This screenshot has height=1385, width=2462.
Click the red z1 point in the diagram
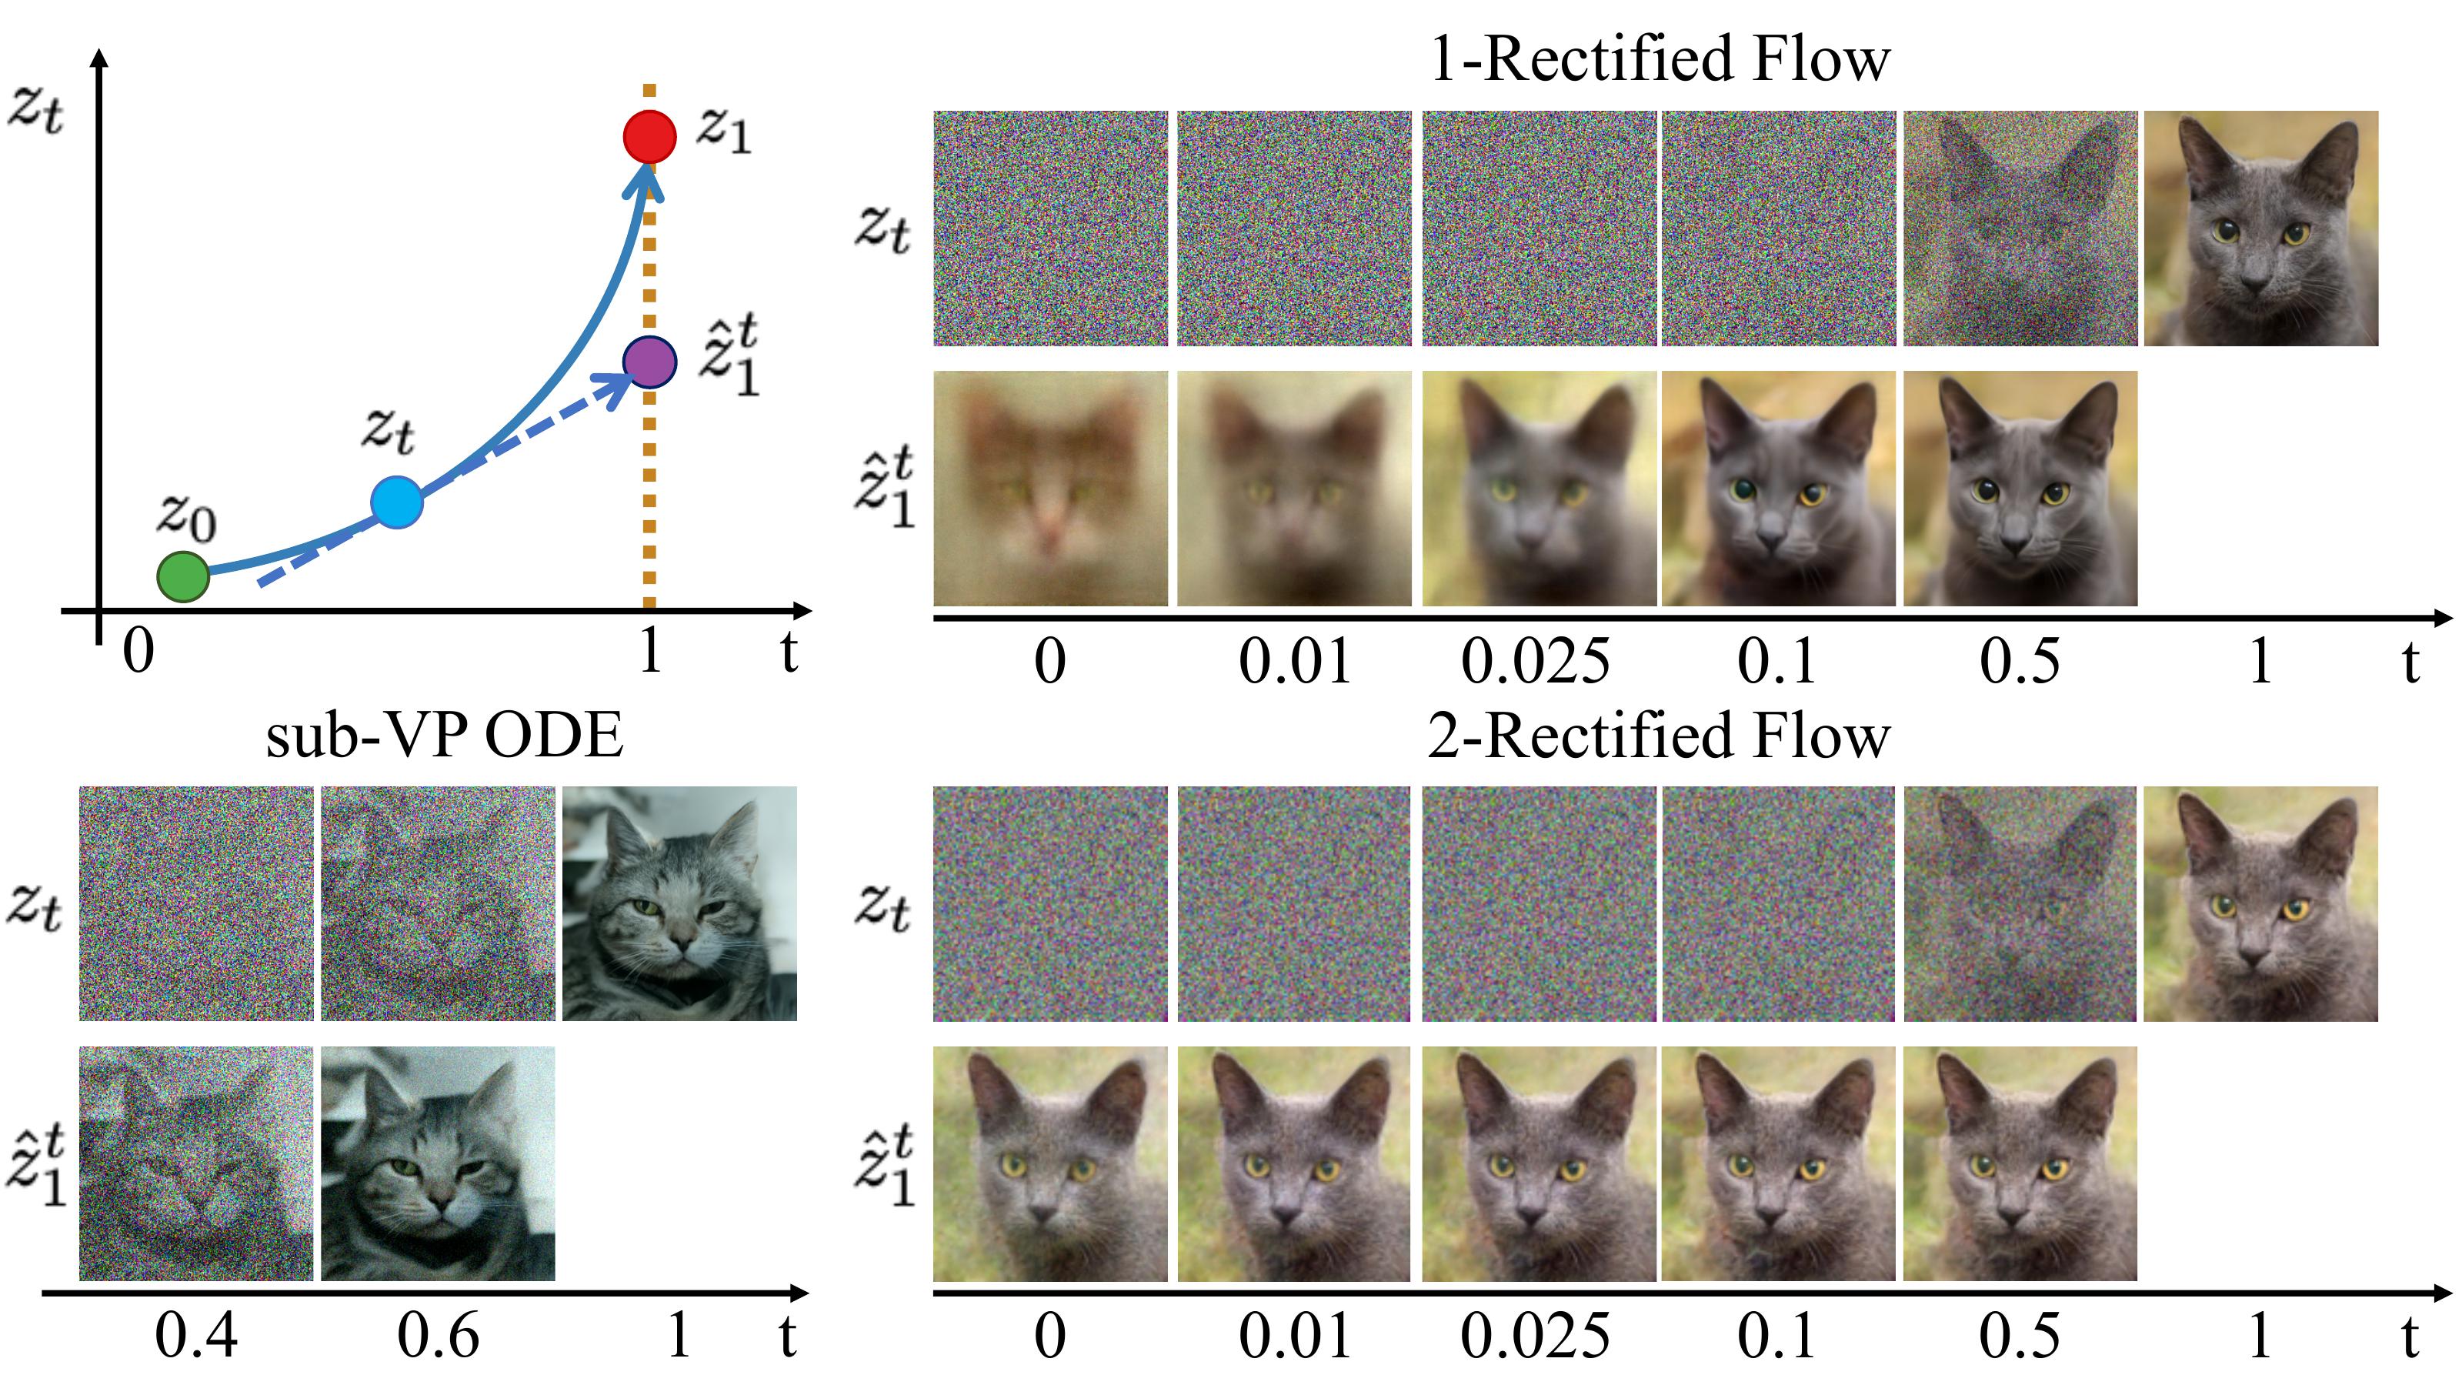[x=650, y=137]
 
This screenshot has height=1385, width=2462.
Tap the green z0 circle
[x=182, y=576]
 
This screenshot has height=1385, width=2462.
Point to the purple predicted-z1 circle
[x=650, y=362]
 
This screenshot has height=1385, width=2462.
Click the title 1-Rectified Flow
[x=1660, y=59]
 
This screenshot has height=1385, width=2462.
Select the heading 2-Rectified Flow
[x=1660, y=736]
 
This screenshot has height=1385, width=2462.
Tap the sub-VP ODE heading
[x=445, y=736]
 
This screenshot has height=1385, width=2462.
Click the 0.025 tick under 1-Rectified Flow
[x=1535, y=662]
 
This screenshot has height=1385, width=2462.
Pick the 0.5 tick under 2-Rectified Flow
[x=2019, y=1337]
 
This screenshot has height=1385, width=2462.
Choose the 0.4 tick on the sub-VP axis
[x=196, y=1337]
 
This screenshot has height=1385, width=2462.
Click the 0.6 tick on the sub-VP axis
[x=438, y=1337]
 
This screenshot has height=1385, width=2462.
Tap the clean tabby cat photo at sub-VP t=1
[x=679, y=903]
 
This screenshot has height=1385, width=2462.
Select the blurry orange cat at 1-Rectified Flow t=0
[x=1050, y=489]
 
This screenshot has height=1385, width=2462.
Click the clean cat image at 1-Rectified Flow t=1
[x=2260, y=229]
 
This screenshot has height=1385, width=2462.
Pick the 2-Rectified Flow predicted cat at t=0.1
[x=1778, y=1163]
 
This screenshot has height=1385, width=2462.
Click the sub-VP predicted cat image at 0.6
[x=438, y=1163]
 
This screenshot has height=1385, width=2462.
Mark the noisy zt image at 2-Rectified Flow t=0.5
[x=2020, y=903]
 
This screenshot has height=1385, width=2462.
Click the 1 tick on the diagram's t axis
[x=651, y=652]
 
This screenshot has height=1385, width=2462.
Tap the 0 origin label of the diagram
[x=138, y=652]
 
